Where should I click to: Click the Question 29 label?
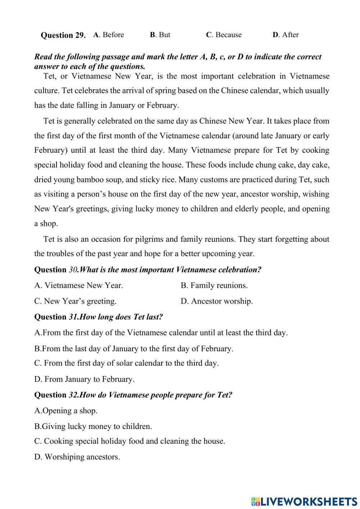63,35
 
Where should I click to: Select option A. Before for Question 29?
108,35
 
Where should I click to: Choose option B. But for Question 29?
160,35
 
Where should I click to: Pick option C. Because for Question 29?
224,35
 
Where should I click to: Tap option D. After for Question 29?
285,35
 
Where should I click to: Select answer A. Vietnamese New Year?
78,286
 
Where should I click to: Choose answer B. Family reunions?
214,286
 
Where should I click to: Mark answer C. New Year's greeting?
75,301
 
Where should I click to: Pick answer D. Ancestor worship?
217,301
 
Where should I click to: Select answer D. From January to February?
84,379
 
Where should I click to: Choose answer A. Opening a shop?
66,411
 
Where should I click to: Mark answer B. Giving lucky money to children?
93,427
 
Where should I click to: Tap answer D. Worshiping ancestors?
77,457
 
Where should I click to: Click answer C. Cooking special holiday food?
130,441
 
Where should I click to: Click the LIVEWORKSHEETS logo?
304,501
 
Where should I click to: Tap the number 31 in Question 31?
73,317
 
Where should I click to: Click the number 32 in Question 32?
73,395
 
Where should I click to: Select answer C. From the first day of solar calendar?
126,363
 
